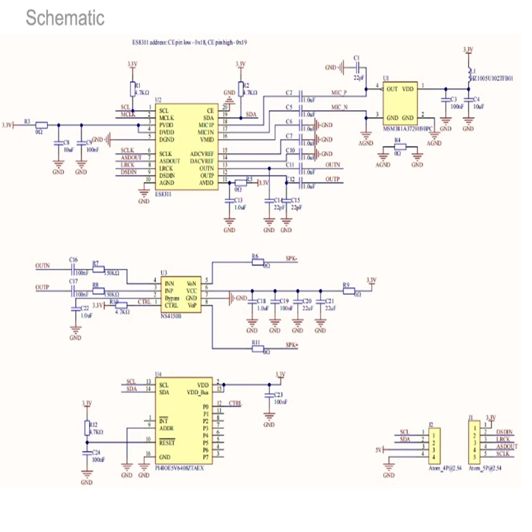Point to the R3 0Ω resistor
click(41, 126)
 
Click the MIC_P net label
click(339, 93)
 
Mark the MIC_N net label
click(339, 107)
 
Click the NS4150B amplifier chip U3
click(181, 295)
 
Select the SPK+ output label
click(292, 345)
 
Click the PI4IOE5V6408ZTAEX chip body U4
click(184, 420)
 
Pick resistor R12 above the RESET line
click(87, 428)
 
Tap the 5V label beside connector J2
click(379, 450)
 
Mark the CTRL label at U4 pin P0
click(235, 404)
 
